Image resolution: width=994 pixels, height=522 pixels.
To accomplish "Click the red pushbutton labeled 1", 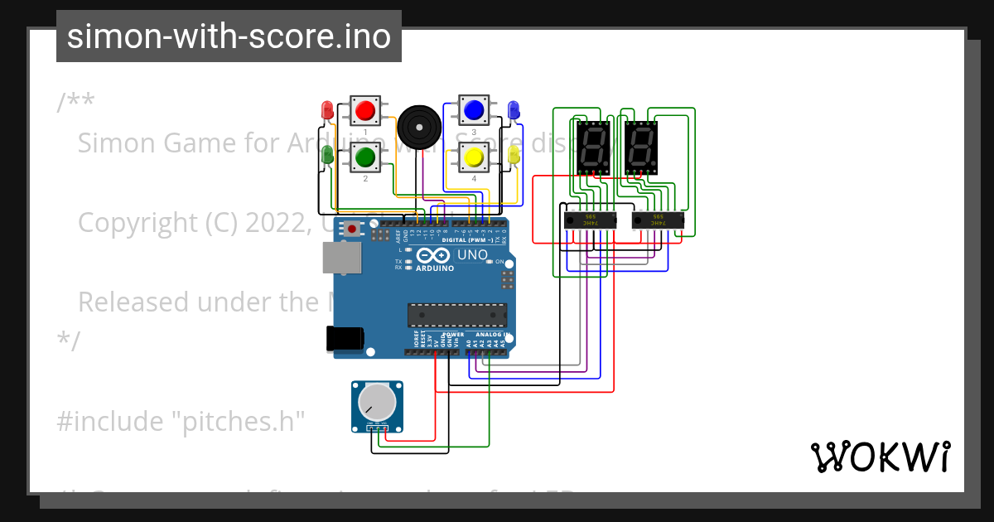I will pyautogui.click(x=364, y=110).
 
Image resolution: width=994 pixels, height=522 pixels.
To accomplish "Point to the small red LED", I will pyautogui.click(x=327, y=109).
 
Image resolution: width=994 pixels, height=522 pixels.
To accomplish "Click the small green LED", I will pyautogui.click(x=327, y=154).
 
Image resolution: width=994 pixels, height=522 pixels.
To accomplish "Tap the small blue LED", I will pyautogui.click(x=513, y=109).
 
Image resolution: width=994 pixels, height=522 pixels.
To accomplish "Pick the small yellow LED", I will pyautogui.click(x=513, y=154).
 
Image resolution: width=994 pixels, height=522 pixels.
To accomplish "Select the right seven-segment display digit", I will pyautogui.click(x=641, y=147).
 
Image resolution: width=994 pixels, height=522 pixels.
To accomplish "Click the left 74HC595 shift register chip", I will pyautogui.click(x=590, y=221).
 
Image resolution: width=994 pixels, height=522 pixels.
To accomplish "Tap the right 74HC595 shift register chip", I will pyautogui.click(x=658, y=221).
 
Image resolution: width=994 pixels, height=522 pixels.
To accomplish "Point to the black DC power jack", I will pyautogui.click(x=343, y=338).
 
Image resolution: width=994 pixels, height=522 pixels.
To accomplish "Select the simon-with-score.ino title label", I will pyautogui.click(x=229, y=36).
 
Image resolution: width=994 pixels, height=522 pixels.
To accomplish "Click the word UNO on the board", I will pyautogui.click(x=473, y=255).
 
